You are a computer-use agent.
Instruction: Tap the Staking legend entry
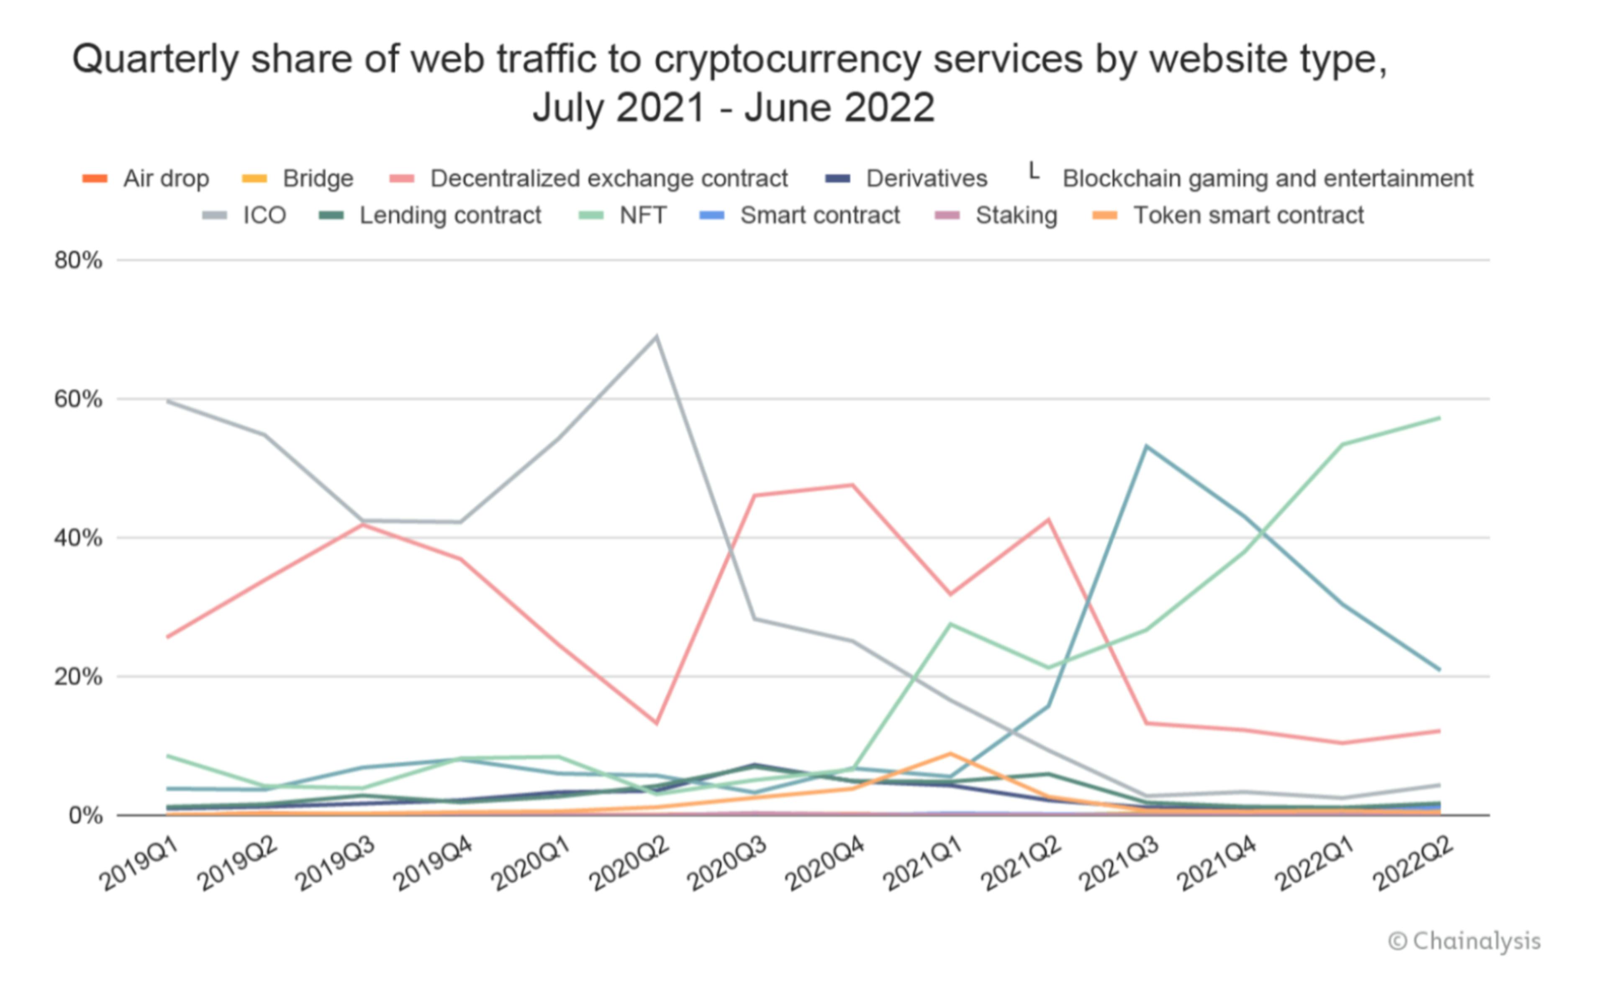pyautogui.click(x=996, y=215)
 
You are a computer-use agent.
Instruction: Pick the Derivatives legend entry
pyautogui.click(x=906, y=178)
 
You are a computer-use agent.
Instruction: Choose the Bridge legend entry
pyautogui.click(x=297, y=178)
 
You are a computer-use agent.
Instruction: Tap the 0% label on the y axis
pyautogui.click(x=85, y=816)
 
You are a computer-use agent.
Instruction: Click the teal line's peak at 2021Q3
pyautogui.click(x=1146, y=446)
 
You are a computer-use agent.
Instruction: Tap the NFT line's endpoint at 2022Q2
pyautogui.click(x=1439, y=418)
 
